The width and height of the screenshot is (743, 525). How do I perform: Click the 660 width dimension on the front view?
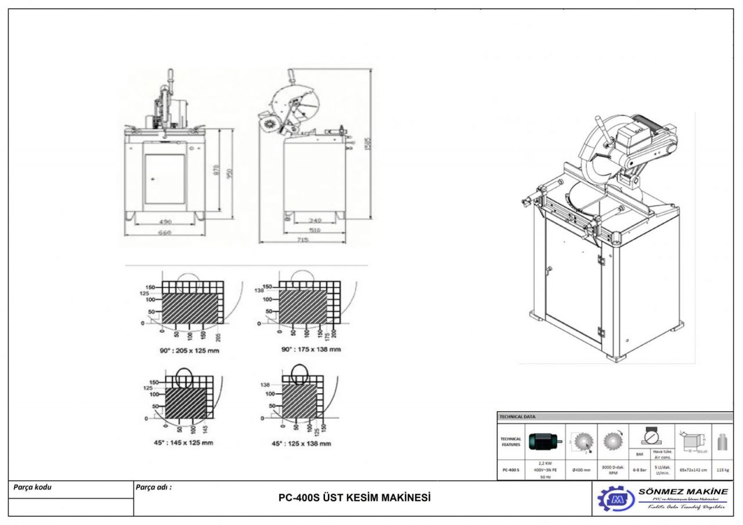click(x=166, y=233)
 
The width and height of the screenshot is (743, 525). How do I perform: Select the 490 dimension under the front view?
click(x=166, y=221)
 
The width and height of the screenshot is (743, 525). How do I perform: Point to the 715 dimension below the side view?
click(x=302, y=239)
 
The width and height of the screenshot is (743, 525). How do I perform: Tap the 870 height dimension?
click(x=217, y=171)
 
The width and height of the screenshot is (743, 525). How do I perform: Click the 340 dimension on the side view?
click(x=315, y=221)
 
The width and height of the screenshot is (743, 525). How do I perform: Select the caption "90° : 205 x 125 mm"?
click(x=183, y=350)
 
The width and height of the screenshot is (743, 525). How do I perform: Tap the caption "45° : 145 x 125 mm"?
click(x=181, y=443)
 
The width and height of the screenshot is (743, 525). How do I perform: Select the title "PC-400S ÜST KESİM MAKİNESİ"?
click(x=355, y=498)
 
